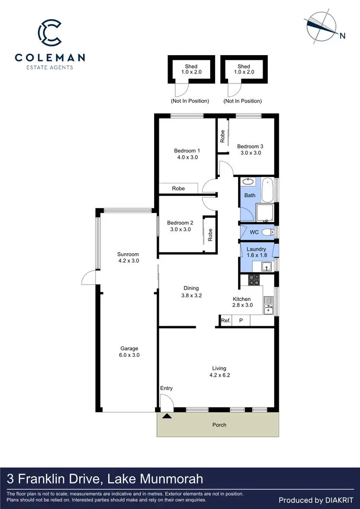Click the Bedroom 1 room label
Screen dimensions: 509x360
187,154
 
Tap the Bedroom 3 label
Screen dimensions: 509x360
250,150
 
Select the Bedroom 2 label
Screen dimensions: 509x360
180,226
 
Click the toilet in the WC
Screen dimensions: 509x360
268,232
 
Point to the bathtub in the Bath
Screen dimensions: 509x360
268,190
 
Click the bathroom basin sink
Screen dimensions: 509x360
248,182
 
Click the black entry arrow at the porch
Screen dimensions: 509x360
167,416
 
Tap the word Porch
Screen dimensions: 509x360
219,425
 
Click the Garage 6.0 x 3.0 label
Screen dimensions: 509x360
129,352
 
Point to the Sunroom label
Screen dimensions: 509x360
128,258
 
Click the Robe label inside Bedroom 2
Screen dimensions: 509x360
210,235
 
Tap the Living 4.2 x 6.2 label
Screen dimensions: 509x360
219,372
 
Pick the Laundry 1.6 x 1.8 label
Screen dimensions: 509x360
256,252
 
